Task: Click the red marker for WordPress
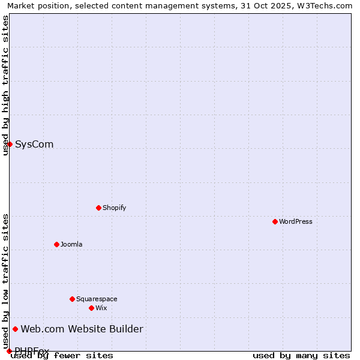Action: pos(275,221)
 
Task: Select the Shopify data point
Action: pos(98,208)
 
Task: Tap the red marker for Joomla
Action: pos(56,244)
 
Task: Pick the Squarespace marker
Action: pos(72,299)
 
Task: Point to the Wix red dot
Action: pos(91,308)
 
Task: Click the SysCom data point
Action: pos(10,144)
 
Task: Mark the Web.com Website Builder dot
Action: pos(15,329)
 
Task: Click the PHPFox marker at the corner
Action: pos(9,351)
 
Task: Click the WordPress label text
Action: pos(296,221)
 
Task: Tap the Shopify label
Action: pos(115,208)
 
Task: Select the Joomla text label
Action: pos(71,244)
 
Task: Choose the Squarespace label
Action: pos(97,299)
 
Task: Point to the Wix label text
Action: pos(101,308)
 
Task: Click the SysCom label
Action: pos(34,144)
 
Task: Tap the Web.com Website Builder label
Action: pos(82,329)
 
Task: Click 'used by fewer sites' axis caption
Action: pos(62,355)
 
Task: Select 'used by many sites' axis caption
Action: pos(301,355)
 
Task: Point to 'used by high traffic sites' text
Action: pos(5,85)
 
